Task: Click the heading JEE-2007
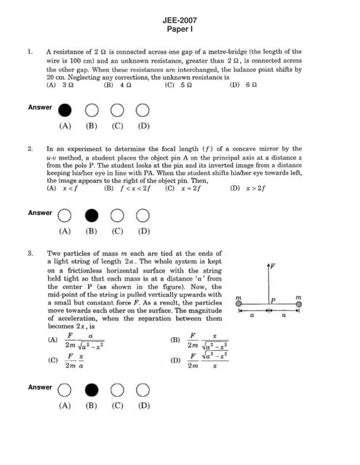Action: [x=180, y=22]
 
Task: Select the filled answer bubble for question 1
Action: [x=65, y=110]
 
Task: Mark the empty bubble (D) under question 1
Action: [x=143, y=110]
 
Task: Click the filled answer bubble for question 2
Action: [x=91, y=216]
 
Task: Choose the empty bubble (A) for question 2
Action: [x=65, y=216]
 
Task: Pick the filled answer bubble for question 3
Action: [x=91, y=390]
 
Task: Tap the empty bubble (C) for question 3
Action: [x=117, y=390]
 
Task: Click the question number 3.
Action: [x=30, y=254]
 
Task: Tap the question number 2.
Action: [x=30, y=148]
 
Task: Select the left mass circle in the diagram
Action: [x=239, y=304]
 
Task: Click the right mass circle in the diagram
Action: [x=298, y=304]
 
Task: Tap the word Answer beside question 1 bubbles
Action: [x=40, y=108]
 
